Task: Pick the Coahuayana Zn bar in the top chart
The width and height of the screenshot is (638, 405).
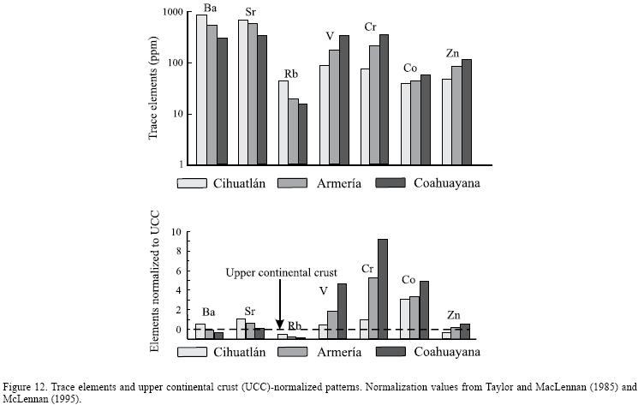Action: click(x=466, y=111)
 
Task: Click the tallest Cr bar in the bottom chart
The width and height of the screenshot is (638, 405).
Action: click(x=383, y=288)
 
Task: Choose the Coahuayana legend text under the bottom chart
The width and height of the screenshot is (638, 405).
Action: click(x=445, y=352)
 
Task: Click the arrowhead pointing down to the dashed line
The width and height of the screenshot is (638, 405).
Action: click(x=280, y=324)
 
